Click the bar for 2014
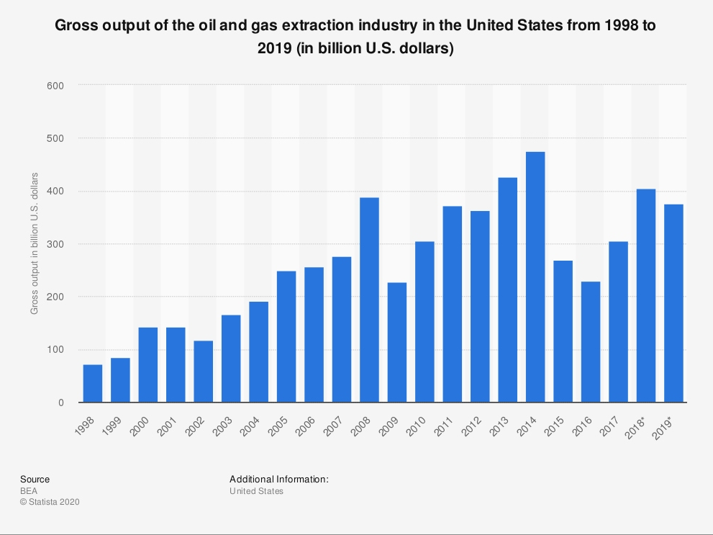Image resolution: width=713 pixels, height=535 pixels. tap(535, 277)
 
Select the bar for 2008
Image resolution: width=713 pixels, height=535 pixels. tap(369, 300)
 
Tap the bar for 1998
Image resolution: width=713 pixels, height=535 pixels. tap(93, 384)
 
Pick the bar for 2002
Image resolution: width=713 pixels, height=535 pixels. tap(204, 372)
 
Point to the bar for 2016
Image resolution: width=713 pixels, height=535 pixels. tap(591, 342)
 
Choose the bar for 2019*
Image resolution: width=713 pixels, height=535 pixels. tap(673, 303)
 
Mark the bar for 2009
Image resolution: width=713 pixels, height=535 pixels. tap(397, 343)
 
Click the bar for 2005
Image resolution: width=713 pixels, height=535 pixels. tap(286, 337)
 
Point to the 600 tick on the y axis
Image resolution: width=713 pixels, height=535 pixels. tap(55, 86)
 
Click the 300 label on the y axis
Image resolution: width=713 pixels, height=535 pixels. tap(55, 244)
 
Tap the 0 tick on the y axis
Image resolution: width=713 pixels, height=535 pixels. tap(61, 403)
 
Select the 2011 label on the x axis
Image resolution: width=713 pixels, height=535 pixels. tap(444, 427)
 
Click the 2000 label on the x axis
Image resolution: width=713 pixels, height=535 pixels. tap(140, 427)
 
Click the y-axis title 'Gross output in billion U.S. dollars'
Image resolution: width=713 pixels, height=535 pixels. tap(35, 243)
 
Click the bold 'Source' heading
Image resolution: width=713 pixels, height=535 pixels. tap(35, 479)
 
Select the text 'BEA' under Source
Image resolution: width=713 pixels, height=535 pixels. tap(29, 491)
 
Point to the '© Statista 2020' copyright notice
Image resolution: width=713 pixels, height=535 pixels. tap(50, 502)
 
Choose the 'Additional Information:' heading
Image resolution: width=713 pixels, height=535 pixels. tap(278, 479)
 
